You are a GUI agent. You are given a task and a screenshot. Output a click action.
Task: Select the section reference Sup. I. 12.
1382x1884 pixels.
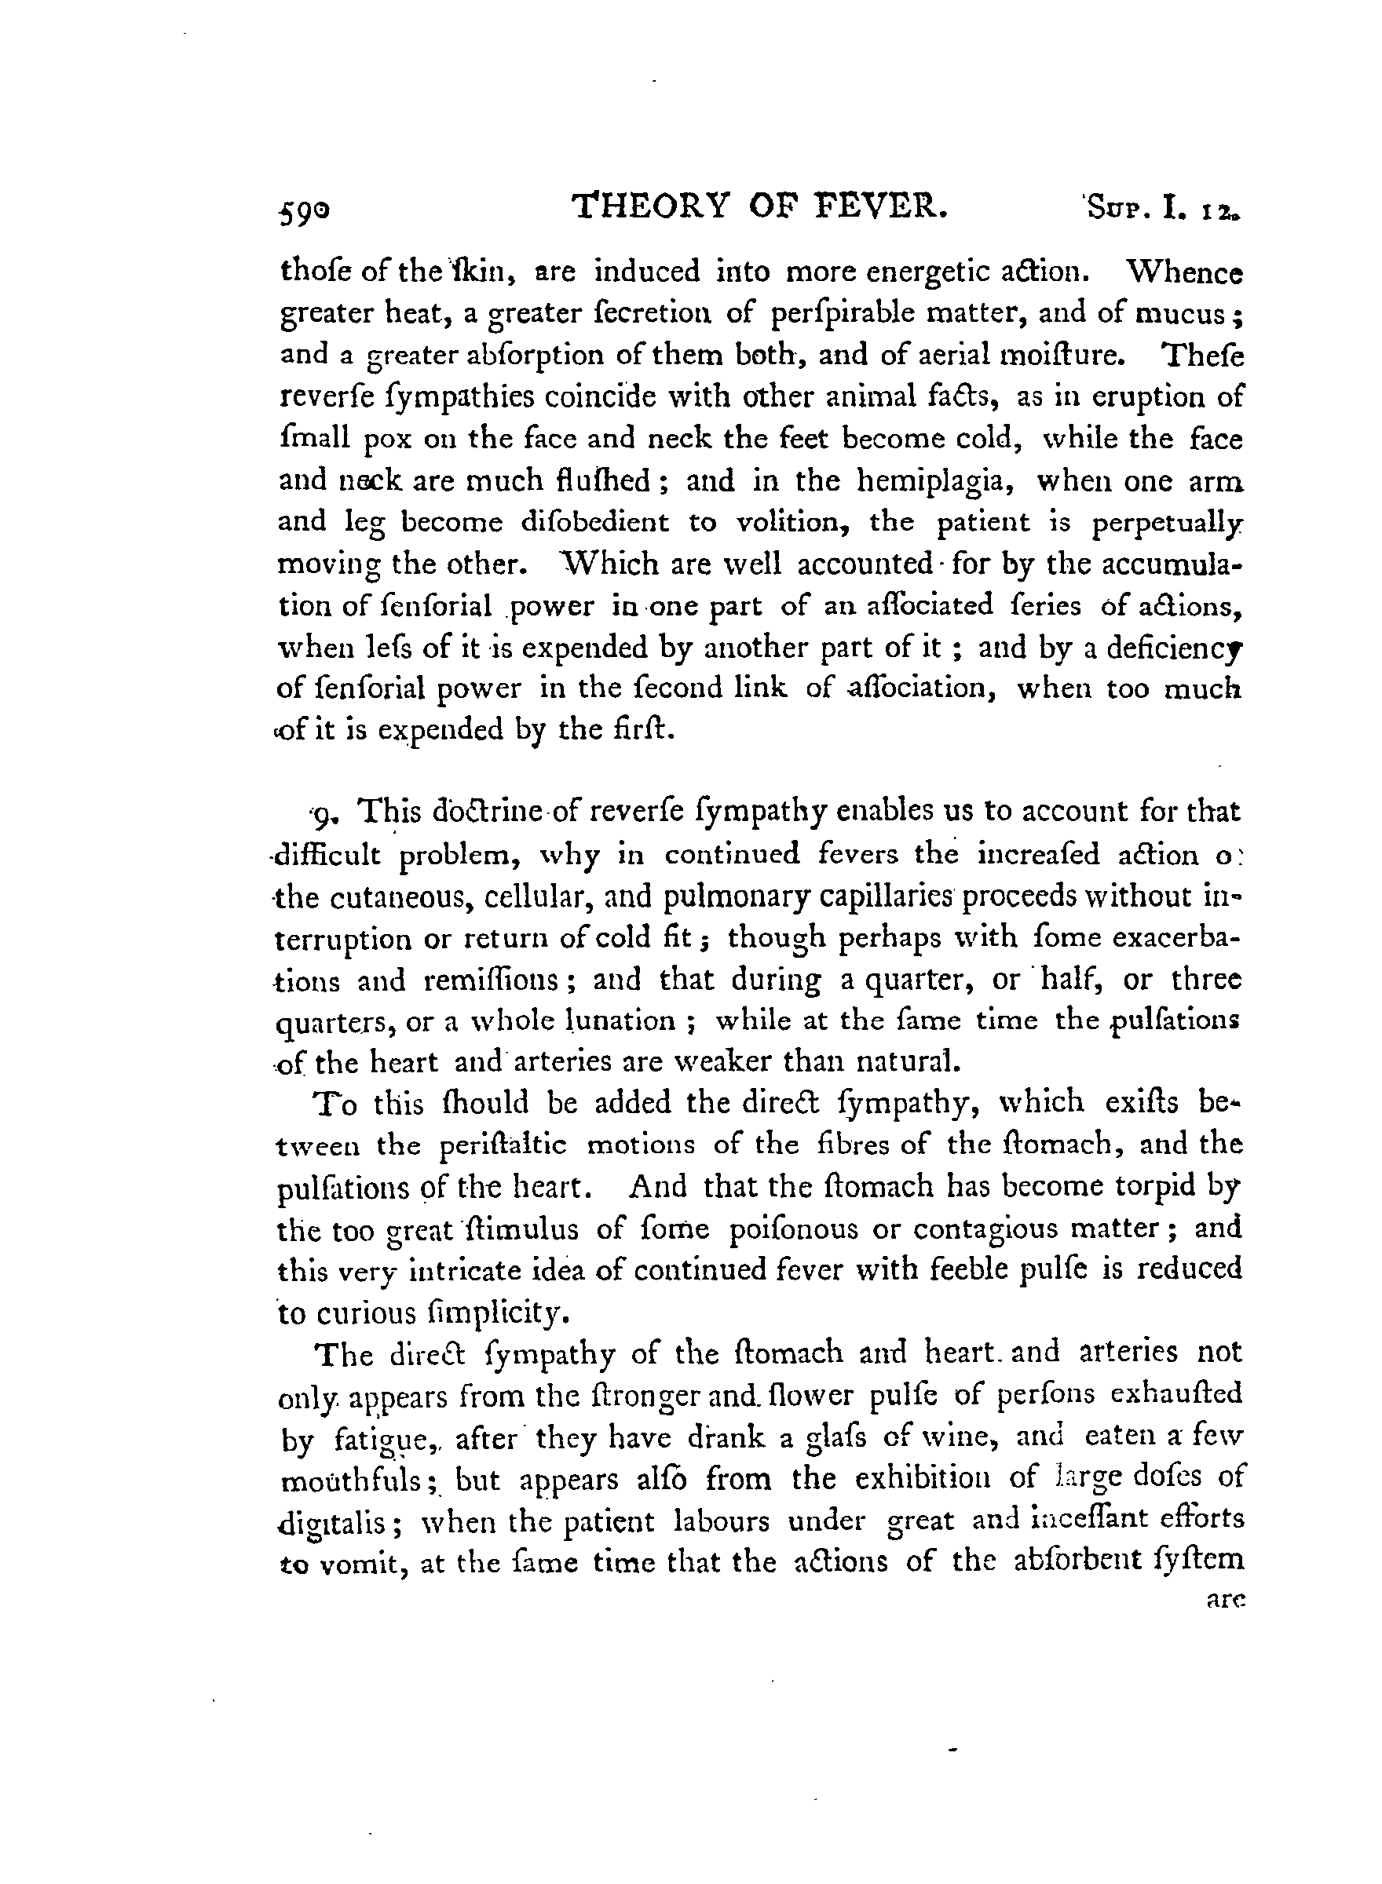[1163, 208]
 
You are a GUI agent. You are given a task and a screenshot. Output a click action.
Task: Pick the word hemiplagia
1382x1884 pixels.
[938, 481]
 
